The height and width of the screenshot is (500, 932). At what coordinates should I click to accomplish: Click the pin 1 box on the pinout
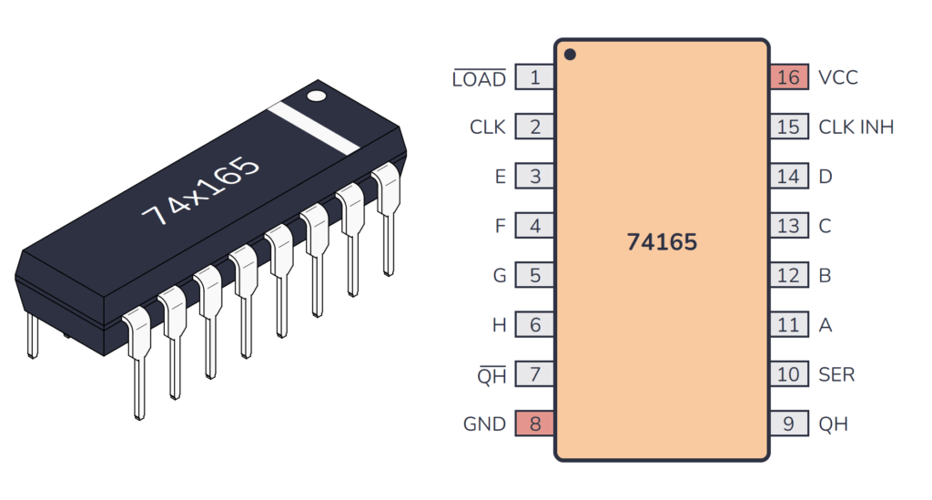[534, 77]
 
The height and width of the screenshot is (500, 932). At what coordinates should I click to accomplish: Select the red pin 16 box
[788, 77]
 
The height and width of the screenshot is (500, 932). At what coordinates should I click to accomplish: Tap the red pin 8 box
[534, 423]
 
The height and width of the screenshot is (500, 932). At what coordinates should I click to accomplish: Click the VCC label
[838, 77]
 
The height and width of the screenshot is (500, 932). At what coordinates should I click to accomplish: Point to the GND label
[484, 423]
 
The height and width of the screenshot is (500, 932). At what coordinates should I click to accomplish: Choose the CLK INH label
[856, 127]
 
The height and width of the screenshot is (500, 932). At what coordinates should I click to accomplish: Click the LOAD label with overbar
[480, 79]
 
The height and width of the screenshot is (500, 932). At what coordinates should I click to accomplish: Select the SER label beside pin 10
[836, 374]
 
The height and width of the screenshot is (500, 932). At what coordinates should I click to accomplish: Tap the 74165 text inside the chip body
[662, 242]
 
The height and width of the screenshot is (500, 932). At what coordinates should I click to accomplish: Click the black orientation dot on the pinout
[570, 55]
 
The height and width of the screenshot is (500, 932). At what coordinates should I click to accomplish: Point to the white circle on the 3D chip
[316, 94]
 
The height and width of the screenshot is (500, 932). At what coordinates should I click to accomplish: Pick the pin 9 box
[788, 423]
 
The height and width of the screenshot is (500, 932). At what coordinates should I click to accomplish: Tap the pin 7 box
[534, 374]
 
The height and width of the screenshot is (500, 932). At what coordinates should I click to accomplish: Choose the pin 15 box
[788, 127]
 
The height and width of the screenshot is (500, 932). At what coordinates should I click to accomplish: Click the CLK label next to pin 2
[487, 127]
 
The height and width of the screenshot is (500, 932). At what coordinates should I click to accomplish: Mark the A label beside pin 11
[825, 325]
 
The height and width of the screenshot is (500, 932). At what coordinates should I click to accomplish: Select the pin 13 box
[788, 226]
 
